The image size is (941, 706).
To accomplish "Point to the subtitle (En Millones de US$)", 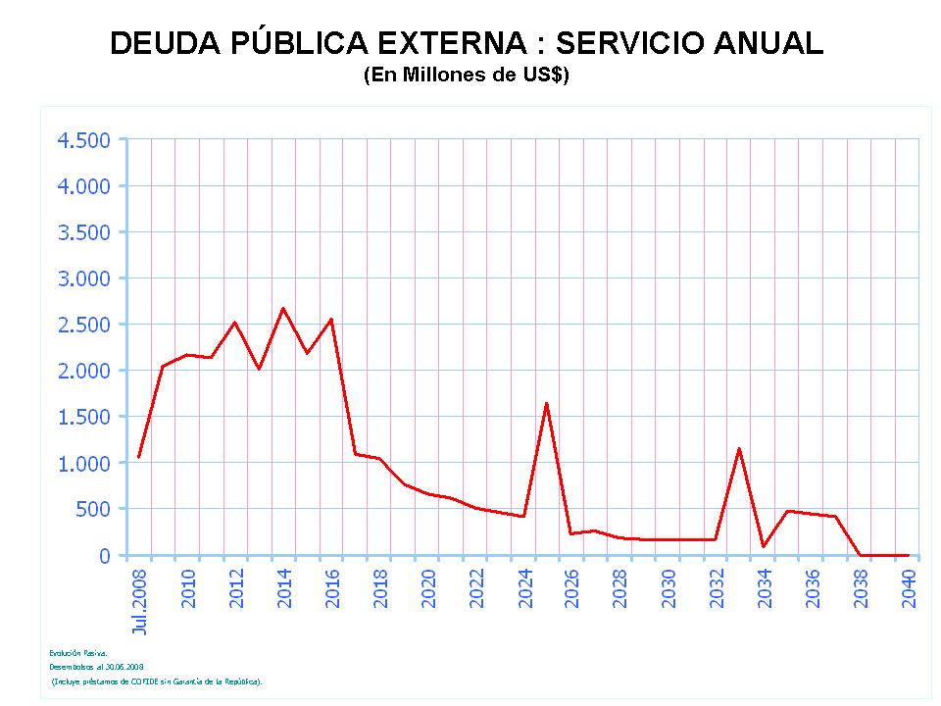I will coord(466,76).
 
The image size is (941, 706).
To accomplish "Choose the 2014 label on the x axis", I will coord(284,587).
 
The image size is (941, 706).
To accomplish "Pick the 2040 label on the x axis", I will coord(909,587).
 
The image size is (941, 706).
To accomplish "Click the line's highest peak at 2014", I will coord(283,308).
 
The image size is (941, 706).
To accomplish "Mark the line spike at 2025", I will coord(546,403).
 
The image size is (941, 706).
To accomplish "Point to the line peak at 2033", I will coord(739,448).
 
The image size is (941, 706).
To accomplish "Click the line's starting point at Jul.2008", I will coord(139,457).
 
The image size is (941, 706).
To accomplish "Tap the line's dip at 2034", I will coord(763,547).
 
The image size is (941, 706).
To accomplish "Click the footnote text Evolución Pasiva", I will coord(72,652).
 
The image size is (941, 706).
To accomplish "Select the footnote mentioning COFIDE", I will coord(157,680).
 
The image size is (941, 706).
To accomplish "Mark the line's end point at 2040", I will coord(908,555).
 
